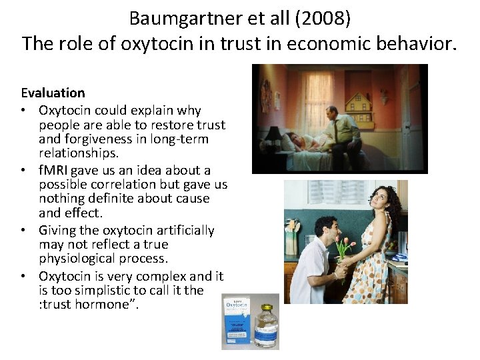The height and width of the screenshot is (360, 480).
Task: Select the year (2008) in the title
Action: pos(323,18)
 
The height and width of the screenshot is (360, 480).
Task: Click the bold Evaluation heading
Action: pos(53,93)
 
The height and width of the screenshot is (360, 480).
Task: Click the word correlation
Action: pos(121,184)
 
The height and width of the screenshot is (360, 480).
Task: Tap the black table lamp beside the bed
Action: pos(273,135)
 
